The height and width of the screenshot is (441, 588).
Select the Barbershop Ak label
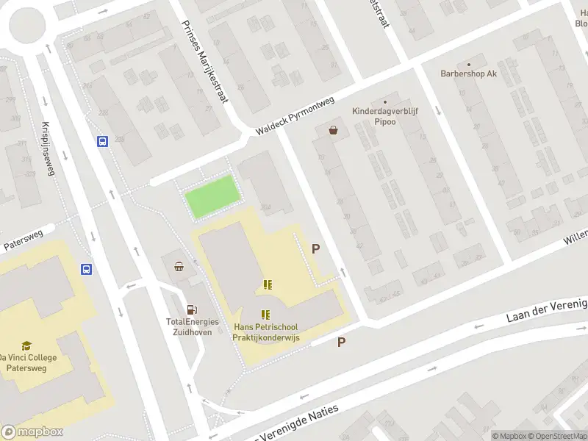(469, 73)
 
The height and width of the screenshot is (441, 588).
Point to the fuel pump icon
(192, 311)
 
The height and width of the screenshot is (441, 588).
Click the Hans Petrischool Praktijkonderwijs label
(271, 331)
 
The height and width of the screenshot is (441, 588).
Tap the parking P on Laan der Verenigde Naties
(341, 342)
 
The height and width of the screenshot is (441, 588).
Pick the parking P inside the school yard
(316, 248)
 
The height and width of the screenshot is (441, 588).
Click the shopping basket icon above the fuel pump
(179, 267)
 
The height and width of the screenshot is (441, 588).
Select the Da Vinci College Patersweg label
(27, 362)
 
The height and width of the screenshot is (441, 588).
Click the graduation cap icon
(26, 345)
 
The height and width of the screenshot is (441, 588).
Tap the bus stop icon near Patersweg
(86, 270)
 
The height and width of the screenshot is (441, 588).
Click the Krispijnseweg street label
(48, 148)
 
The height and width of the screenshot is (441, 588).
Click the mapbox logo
(32, 432)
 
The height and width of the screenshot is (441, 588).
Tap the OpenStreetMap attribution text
(556, 436)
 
